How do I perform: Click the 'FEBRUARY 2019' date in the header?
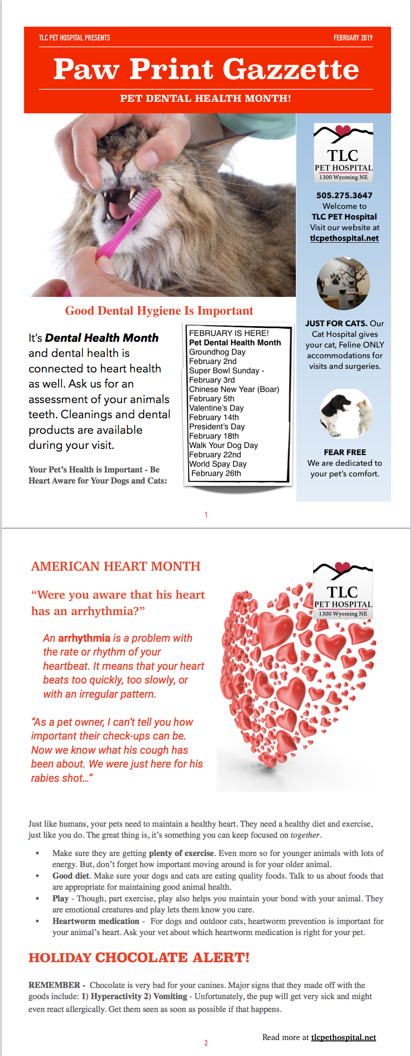[353, 38]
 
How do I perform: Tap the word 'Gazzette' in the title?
[291, 69]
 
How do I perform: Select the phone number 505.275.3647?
[344, 195]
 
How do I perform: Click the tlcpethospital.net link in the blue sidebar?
[344, 238]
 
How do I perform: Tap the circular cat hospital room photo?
[343, 284]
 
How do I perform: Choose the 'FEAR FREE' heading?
[345, 452]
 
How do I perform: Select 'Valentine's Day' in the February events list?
[216, 408]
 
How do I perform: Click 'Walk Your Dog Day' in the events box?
[223, 445]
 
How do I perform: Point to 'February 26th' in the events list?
[216, 473]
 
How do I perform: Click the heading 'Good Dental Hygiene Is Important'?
[159, 311]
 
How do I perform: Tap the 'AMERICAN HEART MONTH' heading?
[116, 566]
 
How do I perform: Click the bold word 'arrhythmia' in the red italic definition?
[84, 638]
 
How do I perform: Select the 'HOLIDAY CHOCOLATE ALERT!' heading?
[139, 957]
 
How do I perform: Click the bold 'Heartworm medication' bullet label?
[96, 921]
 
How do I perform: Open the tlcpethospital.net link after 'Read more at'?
[343, 1037]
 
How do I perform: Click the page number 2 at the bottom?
[206, 1043]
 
